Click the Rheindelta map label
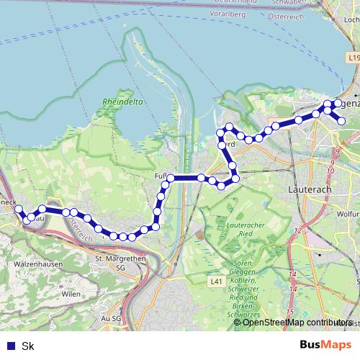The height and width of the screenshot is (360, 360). coord(123,102)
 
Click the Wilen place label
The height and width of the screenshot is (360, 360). coord(71,294)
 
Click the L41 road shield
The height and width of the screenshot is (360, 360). coord(216,282)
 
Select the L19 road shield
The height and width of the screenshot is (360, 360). coord(352,57)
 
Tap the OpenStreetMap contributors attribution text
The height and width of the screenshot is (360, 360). coord(297,323)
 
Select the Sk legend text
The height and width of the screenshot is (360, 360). coord(28,346)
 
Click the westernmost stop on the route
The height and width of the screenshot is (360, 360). coord(19,210)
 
